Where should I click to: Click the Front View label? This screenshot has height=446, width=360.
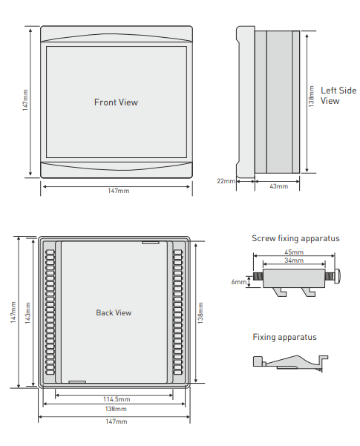coord(116,102)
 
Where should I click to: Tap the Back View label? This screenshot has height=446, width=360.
coord(114,312)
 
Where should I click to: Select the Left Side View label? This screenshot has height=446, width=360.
coord(338,96)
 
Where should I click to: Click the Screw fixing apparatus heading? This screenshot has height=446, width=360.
coord(295,238)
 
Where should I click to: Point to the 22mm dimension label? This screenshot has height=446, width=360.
coord(226,181)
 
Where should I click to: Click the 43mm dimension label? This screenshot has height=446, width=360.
coord(278,186)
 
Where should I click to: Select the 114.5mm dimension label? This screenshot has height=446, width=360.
coord(117,399)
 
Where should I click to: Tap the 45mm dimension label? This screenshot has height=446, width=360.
coord(294,252)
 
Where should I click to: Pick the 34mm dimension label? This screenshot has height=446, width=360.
coord(294,260)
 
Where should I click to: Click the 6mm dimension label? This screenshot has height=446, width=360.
coord(239,282)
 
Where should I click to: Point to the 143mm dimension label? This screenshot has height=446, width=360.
coord(28,313)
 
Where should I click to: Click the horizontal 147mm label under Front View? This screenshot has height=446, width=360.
coord(118,191)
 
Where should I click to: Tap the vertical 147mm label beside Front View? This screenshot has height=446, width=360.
coord(25,100)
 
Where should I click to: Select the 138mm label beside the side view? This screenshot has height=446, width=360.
coord(312,96)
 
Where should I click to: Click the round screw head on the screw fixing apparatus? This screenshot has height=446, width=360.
coord(338,276)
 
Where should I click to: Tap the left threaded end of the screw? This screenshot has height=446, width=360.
coord(258,276)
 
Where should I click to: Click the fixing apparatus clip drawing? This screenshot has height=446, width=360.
coord(290,363)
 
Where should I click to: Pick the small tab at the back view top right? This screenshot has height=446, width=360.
coord(150,243)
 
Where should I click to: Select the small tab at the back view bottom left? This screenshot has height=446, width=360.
coord(77,381)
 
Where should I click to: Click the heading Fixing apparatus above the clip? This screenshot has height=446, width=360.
coord(284,337)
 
